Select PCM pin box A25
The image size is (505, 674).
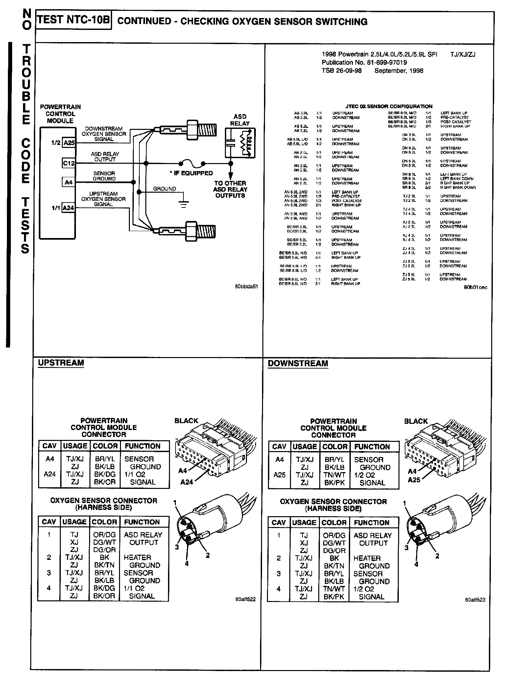coord(69,143)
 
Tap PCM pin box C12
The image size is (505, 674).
coord(69,163)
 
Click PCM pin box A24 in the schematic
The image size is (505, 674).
coord(68,208)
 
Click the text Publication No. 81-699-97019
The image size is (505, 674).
coord(364,62)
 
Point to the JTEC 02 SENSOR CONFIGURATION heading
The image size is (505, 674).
coord(389,106)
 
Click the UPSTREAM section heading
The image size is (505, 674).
coord(61,363)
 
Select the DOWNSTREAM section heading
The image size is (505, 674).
coord(298,364)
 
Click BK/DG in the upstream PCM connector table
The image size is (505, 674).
coord(104,474)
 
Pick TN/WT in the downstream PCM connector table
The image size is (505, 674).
coord(334,475)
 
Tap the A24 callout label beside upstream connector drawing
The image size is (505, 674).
coord(186,482)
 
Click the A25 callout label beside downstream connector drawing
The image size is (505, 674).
coord(414,480)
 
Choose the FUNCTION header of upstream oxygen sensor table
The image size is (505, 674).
coord(142,522)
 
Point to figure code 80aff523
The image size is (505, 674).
coord(475,600)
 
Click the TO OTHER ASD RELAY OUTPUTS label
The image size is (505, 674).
coord(230,189)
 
